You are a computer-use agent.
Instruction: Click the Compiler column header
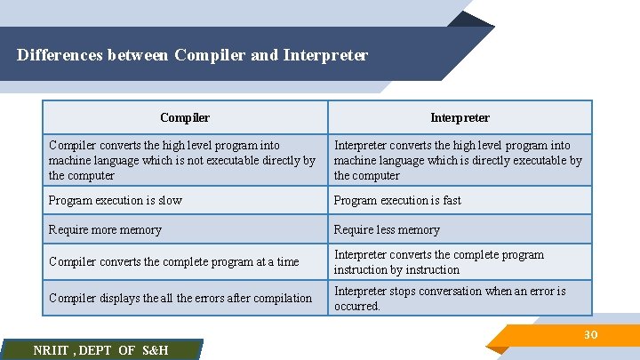tap(185, 117)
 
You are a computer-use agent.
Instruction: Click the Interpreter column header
tap(460, 117)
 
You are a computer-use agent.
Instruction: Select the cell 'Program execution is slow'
tap(116, 200)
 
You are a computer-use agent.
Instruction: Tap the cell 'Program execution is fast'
tap(397, 200)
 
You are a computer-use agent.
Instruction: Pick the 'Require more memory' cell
tap(105, 229)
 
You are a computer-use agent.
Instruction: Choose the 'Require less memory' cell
tap(387, 229)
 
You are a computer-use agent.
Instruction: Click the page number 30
tap(589, 334)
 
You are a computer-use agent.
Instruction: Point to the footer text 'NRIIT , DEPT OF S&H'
tap(100, 350)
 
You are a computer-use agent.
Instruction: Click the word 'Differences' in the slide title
tap(60, 55)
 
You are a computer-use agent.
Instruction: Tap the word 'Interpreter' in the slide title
tap(325, 55)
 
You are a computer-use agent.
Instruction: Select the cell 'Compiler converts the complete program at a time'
tap(174, 261)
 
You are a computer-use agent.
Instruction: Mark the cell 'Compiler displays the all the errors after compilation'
tap(180, 298)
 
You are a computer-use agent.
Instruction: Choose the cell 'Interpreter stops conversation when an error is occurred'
tap(450, 298)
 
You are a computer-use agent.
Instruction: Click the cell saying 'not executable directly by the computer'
tap(182, 160)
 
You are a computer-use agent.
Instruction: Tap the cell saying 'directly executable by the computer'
tap(458, 160)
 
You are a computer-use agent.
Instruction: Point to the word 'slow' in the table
tap(169, 200)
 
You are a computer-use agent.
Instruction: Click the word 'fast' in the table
tap(451, 200)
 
